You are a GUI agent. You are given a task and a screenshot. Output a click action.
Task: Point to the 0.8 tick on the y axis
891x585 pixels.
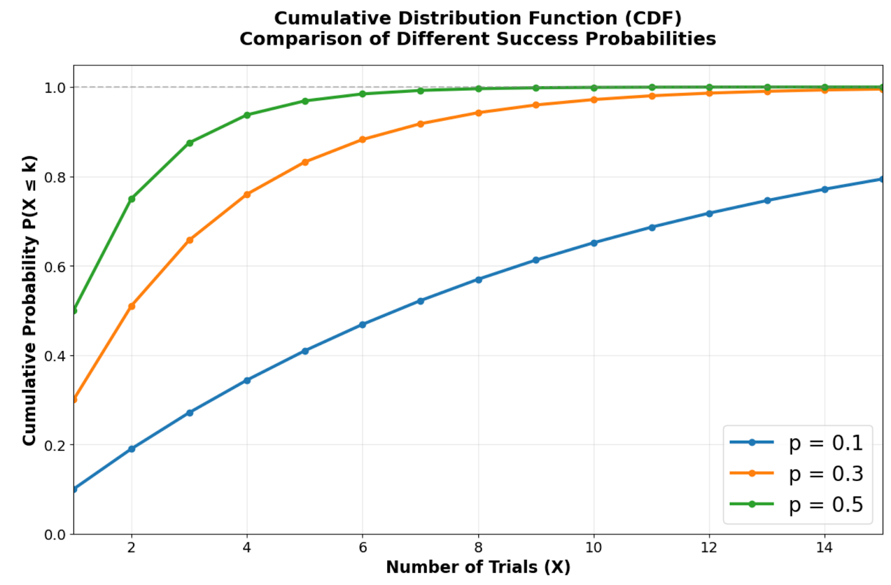(x=55, y=177)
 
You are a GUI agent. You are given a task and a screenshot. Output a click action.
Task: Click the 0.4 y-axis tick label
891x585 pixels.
(x=55, y=356)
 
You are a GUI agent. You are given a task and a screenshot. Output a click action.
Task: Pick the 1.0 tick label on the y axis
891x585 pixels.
(x=55, y=87)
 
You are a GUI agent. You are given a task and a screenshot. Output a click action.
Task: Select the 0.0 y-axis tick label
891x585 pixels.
(x=55, y=535)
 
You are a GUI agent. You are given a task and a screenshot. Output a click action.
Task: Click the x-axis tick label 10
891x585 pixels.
(x=593, y=548)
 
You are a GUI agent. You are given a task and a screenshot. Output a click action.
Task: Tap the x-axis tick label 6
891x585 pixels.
(x=363, y=548)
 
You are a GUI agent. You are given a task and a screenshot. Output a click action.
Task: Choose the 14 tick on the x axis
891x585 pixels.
(x=824, y=548)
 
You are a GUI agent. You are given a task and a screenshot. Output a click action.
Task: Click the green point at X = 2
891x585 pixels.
(x=131, y=199)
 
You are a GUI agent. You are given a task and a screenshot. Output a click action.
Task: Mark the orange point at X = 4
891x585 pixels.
(x=247, y=194)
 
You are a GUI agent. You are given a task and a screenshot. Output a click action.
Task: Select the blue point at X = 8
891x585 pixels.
(x=478, y=279)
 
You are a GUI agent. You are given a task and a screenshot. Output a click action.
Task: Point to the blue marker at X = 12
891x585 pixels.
(x=709, y=213)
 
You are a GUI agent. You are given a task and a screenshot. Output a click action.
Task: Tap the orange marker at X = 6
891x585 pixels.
(x=363, y=139)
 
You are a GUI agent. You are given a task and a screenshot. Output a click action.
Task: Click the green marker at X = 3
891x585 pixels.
(x=189, y=143)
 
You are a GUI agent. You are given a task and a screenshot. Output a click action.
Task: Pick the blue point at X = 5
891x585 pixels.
(x=305, y=351)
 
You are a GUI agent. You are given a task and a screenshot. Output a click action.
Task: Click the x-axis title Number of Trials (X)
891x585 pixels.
(x=478, y=567)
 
